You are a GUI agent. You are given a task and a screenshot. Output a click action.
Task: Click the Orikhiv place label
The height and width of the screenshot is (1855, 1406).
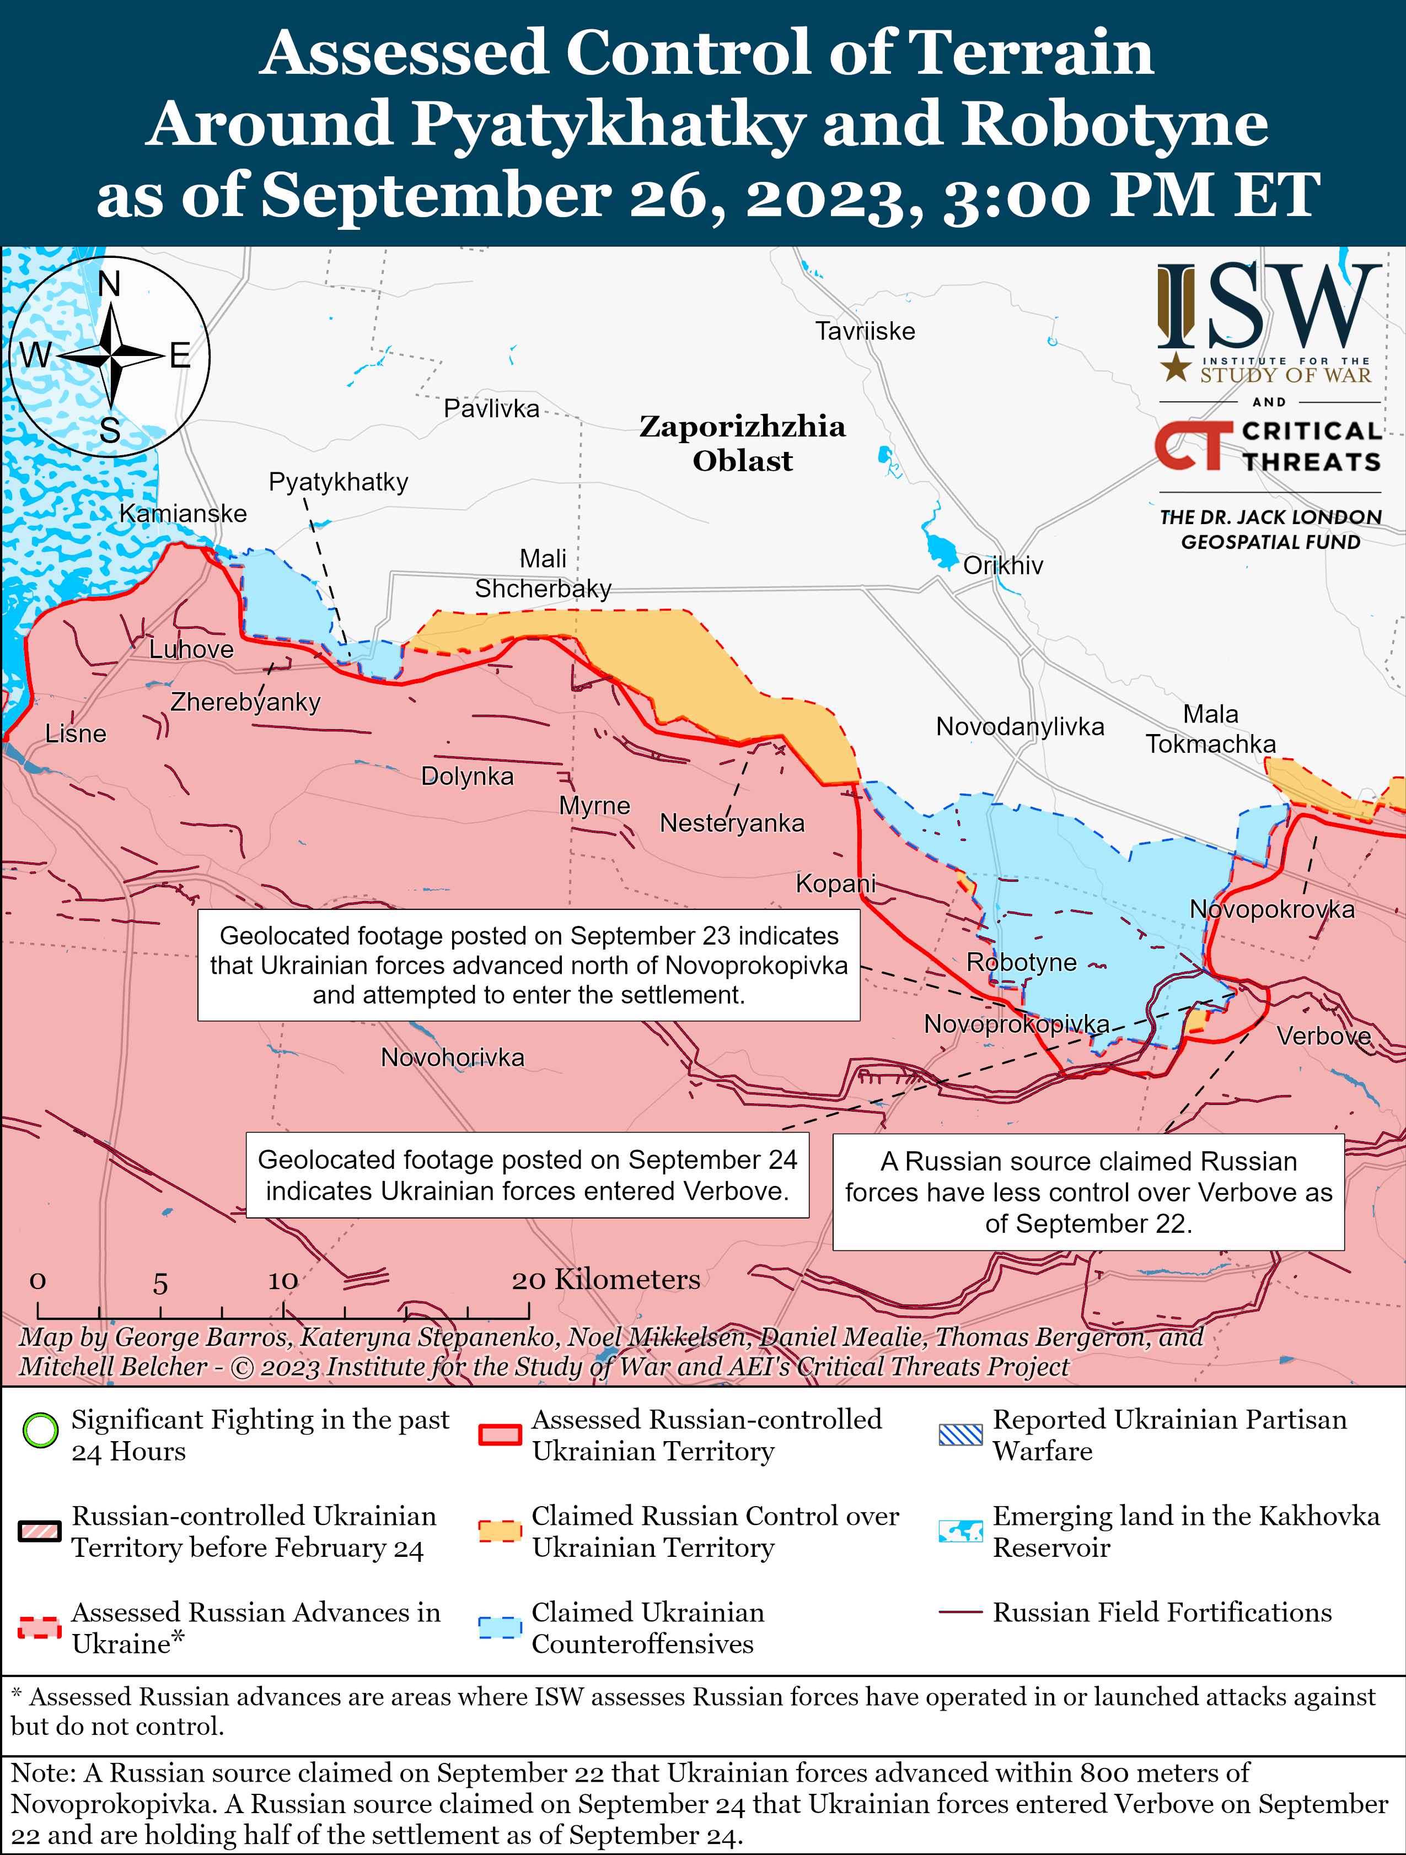tap(1002, 565)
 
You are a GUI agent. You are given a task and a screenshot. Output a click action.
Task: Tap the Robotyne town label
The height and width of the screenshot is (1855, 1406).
tap(1021, 962)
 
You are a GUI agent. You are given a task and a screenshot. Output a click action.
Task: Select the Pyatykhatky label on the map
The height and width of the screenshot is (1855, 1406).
tap(338, 482)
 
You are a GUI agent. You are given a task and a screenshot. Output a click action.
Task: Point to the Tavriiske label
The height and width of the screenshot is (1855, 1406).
tap(865, 331)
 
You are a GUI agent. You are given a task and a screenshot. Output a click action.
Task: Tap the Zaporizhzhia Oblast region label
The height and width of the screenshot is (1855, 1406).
tap(743, 443)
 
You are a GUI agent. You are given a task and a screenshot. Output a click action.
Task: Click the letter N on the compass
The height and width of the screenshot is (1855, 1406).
tap(109, 284)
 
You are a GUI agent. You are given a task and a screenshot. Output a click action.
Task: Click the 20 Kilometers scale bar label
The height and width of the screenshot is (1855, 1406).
tap(606, 1280)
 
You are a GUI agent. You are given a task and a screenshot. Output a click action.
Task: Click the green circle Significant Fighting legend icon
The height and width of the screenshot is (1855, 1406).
tap(40, 1431)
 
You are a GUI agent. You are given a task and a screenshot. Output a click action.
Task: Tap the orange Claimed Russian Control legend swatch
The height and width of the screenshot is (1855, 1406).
tap(500, 1530)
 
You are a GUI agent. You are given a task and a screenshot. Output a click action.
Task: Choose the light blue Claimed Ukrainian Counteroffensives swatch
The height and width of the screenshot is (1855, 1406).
tap(500, 1627)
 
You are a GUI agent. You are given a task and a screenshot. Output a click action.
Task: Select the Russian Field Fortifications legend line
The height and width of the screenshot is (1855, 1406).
tap(960, 1612)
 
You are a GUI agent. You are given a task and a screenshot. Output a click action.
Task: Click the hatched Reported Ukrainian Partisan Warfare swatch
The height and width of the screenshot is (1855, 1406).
tap(960, 1435)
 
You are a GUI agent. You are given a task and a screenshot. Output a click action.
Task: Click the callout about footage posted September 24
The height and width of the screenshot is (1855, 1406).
tap(527, 1175)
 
